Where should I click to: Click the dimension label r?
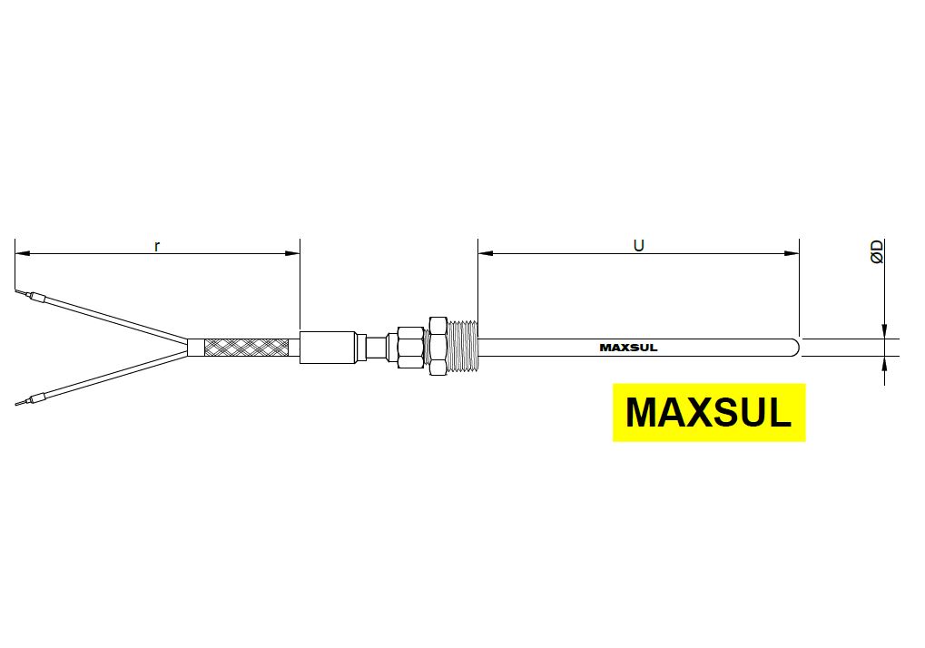[157, 245]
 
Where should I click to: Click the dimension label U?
[639, 245]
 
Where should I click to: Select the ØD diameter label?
[876, 251]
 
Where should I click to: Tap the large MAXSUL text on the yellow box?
[708, 413]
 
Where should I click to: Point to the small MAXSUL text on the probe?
[628, 347]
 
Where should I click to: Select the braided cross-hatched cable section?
[246, 347]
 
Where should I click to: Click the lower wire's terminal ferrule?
[37, 398]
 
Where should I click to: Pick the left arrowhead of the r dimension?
[21, 253]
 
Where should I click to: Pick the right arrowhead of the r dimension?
[294, 253]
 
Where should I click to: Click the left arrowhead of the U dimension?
[484, 253]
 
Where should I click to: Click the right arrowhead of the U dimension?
[793, 253]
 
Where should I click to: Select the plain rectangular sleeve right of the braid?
[326, 347]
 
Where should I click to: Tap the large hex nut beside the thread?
[438, 346]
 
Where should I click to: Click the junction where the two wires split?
[189, 346]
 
